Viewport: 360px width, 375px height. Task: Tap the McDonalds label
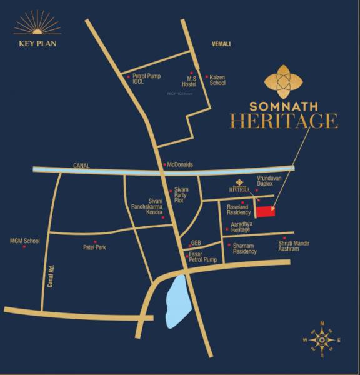(x=180, y=165)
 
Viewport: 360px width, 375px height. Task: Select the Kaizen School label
(x=217, y=79)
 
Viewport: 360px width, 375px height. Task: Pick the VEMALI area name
(x=221, y=44)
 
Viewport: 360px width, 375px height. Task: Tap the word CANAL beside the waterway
(x=81, y=166)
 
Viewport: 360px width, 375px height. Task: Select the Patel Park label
(x=95, y=247)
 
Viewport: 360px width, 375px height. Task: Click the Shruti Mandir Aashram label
(x=294, y=246)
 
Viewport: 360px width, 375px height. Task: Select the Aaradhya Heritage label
(x=241, y=227)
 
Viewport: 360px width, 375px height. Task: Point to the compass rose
(x=321, y=340)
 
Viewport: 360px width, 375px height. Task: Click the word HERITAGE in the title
(x=284, y=121)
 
